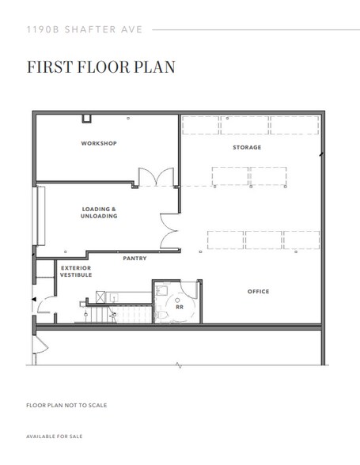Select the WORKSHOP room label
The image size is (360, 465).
99,143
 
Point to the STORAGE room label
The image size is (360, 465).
246,148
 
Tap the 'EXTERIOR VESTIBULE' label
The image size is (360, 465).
76,272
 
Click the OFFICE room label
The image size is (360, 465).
258,292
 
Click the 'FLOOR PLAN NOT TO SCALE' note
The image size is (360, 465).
66,405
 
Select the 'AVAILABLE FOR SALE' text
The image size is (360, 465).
55,437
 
